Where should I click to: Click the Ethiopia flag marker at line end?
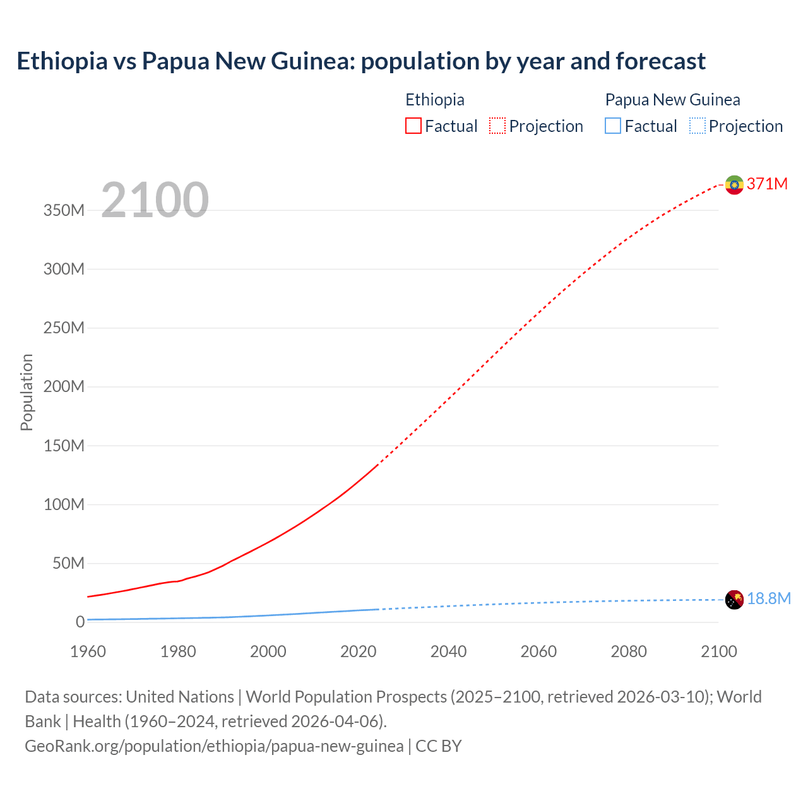click(734, 184)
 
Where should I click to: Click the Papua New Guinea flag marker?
click(734, 599)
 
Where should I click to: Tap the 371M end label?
click(767, 184)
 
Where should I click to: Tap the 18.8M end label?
click(768, 598)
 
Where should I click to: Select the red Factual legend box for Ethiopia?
click(413, 126)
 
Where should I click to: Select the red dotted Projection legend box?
click(497, 126)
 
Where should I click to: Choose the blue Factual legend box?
click(613, 126)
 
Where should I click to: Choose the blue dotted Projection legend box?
click(698, 126)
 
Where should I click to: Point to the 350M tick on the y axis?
click(64, 210)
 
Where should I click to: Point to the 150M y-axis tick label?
click(64, 446)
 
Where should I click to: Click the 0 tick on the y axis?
click(80, 622)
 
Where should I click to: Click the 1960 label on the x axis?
click(88, 651)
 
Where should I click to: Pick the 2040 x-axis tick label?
click(448, 651)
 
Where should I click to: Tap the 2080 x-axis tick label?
click(629, 651)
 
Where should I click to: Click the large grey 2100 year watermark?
click(155, 199)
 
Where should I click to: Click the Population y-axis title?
click(27, 392)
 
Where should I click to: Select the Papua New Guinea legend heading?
click(672, 100)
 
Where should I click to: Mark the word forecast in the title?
click(660, 61)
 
